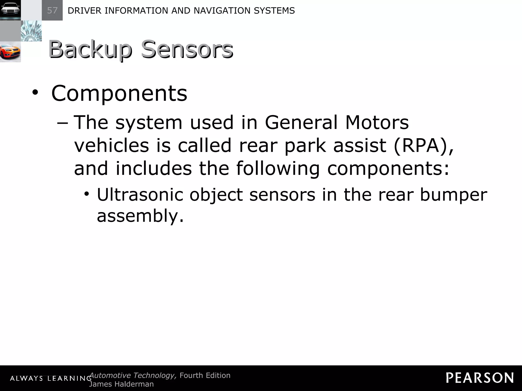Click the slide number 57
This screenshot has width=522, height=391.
pyautogui.click(x=52, y=10)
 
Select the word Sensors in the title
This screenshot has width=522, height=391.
pyautogui.click(x=187, y=49)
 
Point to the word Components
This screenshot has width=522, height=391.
pyautogui.click(x=119, y=93)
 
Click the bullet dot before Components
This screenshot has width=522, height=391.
pyautogui.click(x=35, y=93)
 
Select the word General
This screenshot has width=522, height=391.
pyautogui.click(x=301, y=122)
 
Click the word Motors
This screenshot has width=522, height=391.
pyautogui.click(x=377, y=122)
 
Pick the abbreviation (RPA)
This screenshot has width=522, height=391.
pyautogui.click(x=423, y=146)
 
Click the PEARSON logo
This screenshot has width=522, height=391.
pyautogui.click(x=480, y=378)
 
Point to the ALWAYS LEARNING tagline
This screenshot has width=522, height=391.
pyautogui.click(x=51, y=379)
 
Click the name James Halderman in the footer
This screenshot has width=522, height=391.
pyautogui.click(x=121, y=384)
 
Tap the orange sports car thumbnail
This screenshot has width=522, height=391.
pyautogui.click(x=10, y=52)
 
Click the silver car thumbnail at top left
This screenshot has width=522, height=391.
pyautogui.click(x=10, y=10)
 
